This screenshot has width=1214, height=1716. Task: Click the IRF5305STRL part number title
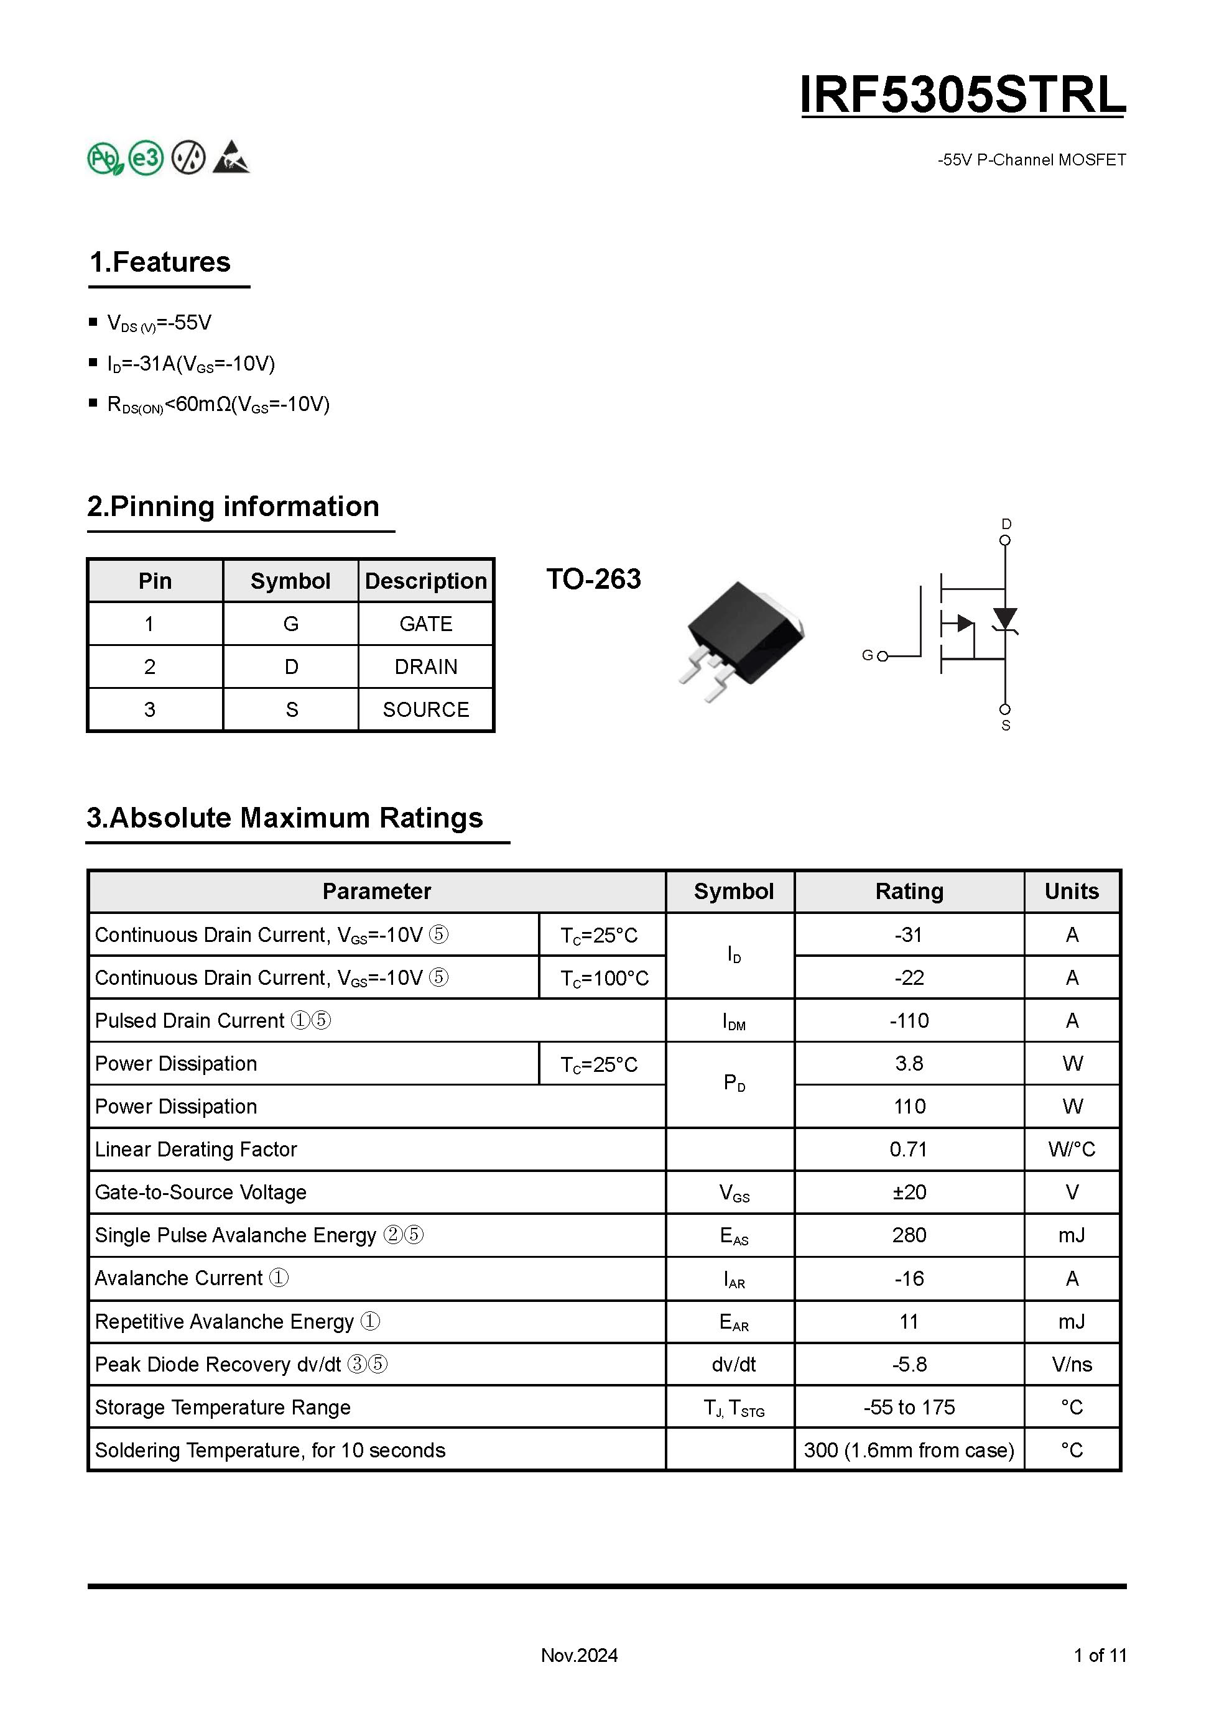[962, 95]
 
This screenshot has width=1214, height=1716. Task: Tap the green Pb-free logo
[104, 159]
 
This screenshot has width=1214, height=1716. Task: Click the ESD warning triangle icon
[231, 158]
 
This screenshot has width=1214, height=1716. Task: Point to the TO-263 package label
[593, 579]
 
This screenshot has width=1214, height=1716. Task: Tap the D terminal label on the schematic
[1006, 524]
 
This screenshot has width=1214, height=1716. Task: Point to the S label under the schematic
[1006, 726]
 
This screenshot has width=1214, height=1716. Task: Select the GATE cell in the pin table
[425, 624]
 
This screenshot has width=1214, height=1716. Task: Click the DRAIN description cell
[425, 667]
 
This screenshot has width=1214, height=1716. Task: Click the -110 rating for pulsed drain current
[909, 1021]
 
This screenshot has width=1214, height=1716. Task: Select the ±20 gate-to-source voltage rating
[909, 1192]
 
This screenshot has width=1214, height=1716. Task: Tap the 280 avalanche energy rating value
[909, 1235]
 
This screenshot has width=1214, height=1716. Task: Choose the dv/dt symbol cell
[733, 1365]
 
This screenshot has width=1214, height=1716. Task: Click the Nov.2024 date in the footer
[580, 1656]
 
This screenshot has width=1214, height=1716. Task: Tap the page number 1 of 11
[1100, 1656]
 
